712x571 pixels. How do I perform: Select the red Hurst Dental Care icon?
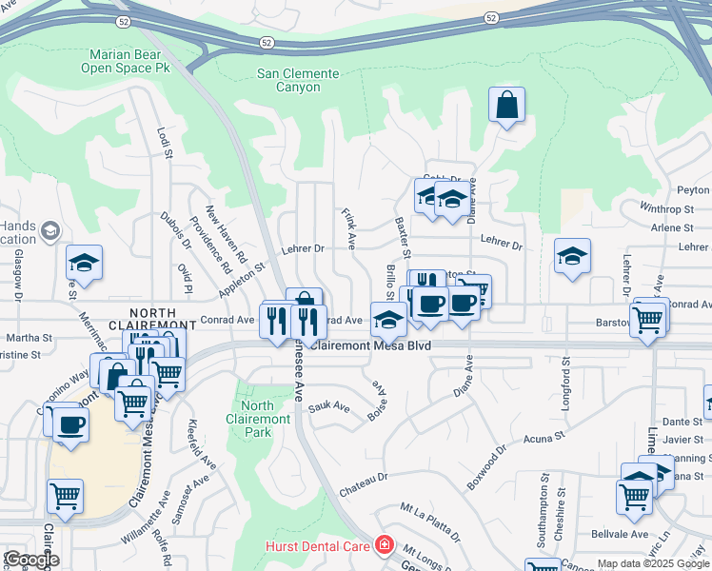(x=384, y=545)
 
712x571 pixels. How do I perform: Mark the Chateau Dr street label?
(x=364, y=484)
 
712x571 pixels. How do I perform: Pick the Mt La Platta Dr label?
(x=430, y=522)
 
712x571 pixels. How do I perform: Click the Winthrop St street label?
(x=666, y=207)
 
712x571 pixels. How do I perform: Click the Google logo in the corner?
(x=30, y=560)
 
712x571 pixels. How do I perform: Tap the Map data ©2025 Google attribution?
(x=653, y=563)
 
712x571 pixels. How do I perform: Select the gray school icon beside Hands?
(x=49, y=231)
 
